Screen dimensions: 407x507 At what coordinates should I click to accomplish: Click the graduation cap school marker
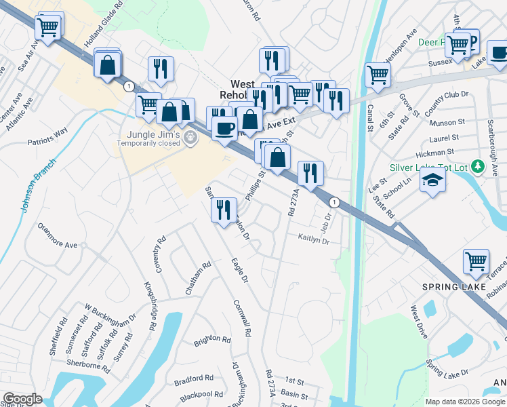[x=432, y=180]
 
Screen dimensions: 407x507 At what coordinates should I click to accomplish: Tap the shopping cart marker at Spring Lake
[x=476, y=261]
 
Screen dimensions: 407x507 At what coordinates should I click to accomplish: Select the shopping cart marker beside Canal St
[x=378, y=75]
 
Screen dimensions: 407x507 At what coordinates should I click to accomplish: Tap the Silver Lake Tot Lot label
[x=426, y=168]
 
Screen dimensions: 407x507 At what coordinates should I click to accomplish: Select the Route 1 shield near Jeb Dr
[x=333, y=202]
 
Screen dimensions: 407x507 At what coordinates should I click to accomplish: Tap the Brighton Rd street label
[x=211, y=338]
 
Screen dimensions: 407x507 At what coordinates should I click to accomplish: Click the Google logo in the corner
[x=22, y=399]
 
